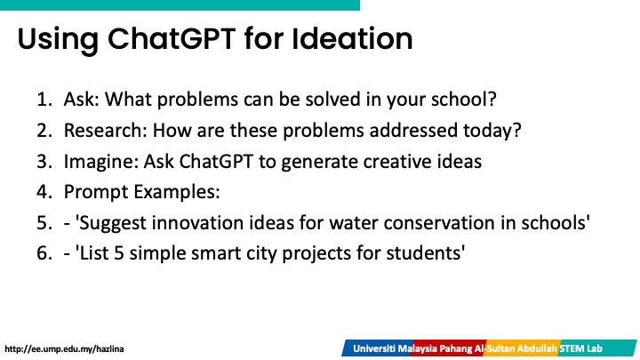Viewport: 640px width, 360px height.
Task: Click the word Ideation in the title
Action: [x=352, y=39]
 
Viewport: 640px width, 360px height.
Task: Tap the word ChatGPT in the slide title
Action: [x=172, y=39]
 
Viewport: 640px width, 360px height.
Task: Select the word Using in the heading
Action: [x=58, y=40]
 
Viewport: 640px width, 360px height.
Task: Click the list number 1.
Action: [x=44, y=100]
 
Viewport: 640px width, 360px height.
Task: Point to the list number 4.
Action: [x=44, y=192]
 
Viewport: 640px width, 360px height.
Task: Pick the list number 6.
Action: [x=44, y=253]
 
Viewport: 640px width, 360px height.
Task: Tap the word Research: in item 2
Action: [x=105, y=131]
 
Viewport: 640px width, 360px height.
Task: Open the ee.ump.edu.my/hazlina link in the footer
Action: [x=64, y=349]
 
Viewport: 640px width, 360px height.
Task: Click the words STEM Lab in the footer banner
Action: [x=580, y=348]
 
